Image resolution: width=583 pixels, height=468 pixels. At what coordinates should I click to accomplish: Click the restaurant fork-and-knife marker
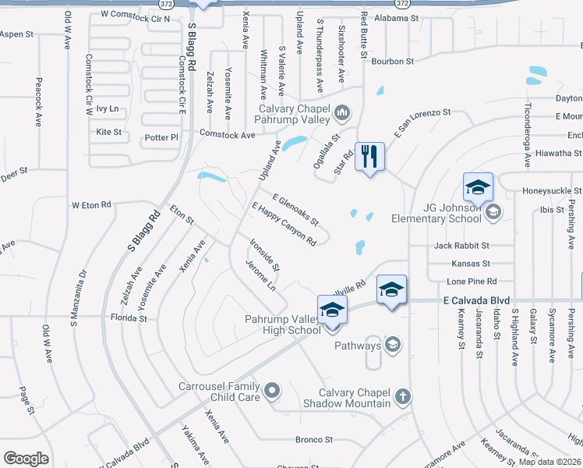pos(369,156)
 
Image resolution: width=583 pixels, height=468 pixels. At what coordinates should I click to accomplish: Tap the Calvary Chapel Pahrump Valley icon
pos(341,115)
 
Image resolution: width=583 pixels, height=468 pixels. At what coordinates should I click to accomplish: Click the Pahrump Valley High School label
pos(282,324)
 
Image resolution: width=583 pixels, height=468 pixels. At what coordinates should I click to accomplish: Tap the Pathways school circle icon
pos(393,345)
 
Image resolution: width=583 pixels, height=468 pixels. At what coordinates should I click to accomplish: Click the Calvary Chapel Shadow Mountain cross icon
pos(402,396)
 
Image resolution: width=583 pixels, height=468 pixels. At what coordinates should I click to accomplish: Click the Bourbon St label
pos(392,61)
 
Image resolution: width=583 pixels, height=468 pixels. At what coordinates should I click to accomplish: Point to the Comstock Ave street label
pos(227,135)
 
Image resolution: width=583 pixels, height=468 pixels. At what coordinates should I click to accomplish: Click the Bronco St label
pos(314,440)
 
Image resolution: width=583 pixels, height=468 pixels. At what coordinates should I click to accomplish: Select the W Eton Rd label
pos(91,205)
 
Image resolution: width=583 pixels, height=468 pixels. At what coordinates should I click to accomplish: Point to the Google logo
pos(26,459)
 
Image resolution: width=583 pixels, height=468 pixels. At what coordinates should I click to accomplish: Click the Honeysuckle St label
pos(551,190)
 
